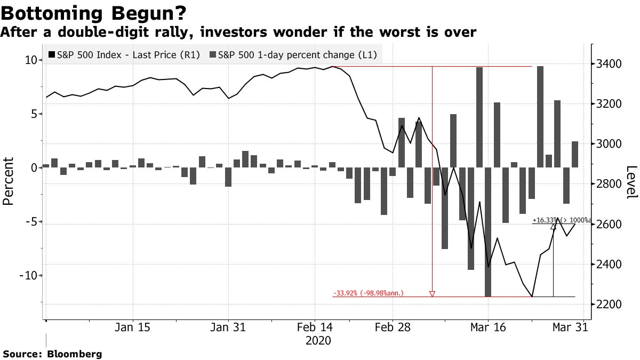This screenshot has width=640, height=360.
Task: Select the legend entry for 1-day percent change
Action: tap(297, 55)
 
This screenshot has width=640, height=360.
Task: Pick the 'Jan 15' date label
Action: tap(132, 327)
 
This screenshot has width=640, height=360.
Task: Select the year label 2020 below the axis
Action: tap(318, 340)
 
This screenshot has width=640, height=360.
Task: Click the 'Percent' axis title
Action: tap(9, 181)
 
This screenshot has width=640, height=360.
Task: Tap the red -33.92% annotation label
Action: tap(368, 293)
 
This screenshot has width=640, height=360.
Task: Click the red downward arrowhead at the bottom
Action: tap(432, 293)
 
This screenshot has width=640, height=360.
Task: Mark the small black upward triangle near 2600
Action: tap(554, 227)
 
